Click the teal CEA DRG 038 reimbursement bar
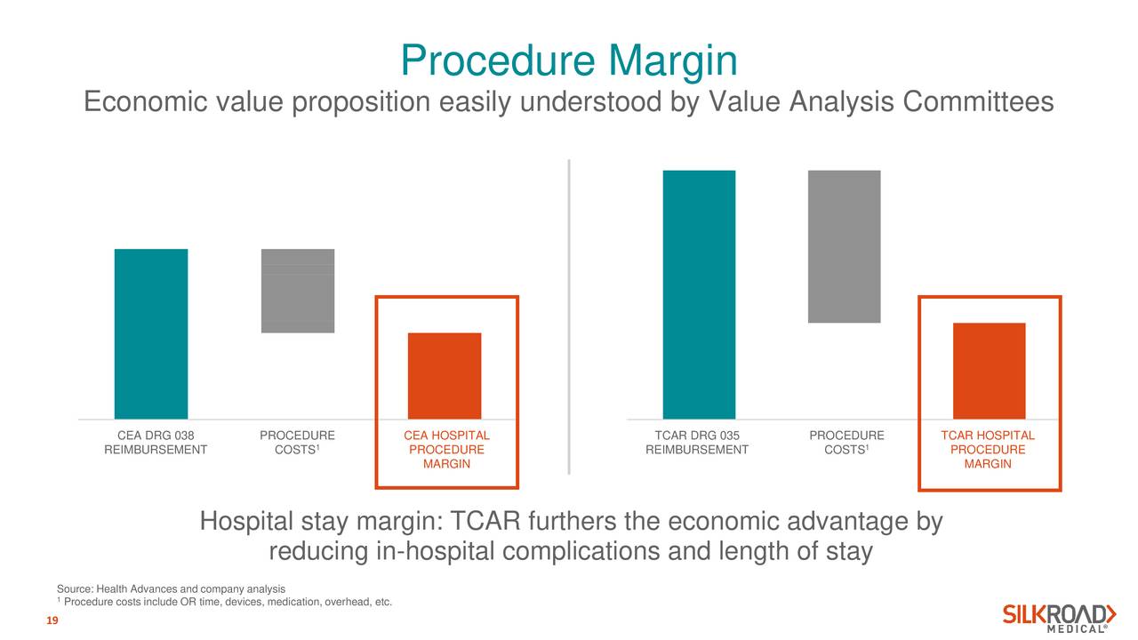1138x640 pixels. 151,333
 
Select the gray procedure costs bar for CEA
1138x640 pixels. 298,291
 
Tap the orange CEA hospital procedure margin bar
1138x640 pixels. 445,375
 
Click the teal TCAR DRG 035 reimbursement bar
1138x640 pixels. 699,293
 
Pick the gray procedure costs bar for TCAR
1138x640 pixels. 844,246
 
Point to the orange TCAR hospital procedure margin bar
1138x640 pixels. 989,371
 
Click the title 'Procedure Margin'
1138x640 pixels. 569,60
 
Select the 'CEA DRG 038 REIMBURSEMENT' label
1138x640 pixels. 156,443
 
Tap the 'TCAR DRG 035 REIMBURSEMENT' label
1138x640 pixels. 697,443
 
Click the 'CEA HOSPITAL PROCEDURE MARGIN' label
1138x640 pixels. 446,450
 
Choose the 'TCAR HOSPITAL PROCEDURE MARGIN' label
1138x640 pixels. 988,450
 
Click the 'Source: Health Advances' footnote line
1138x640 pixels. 171,589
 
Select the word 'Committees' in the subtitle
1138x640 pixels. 978,103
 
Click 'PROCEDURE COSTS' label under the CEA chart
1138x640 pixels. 297,443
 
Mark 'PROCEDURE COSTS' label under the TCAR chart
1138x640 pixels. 846,443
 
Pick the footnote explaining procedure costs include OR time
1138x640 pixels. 227,604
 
